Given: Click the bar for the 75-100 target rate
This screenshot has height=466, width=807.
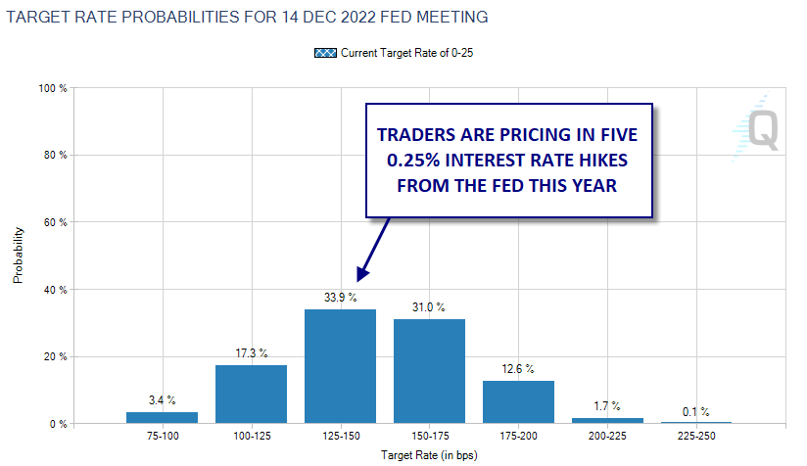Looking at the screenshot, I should [162, 418].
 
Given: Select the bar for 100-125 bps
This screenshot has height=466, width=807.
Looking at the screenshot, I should [251, 395].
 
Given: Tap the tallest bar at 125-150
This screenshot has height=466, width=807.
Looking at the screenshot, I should [340, 366].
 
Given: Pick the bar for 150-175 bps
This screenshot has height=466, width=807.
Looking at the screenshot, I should [429, 371].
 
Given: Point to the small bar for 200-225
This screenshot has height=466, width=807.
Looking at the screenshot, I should [607, 421].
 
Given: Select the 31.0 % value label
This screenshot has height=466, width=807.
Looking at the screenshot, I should [429, 307].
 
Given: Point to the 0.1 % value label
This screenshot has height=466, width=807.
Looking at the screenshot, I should [696, 412].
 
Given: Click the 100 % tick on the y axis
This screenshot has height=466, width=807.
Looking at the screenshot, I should [54, 88].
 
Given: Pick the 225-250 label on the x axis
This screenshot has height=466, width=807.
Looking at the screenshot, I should [696, 438].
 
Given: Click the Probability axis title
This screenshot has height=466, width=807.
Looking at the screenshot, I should [18, 257].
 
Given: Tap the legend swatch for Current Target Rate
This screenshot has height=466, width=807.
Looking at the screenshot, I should [325, 53].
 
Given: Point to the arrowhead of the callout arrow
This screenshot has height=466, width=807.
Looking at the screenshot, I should [360, 279].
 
